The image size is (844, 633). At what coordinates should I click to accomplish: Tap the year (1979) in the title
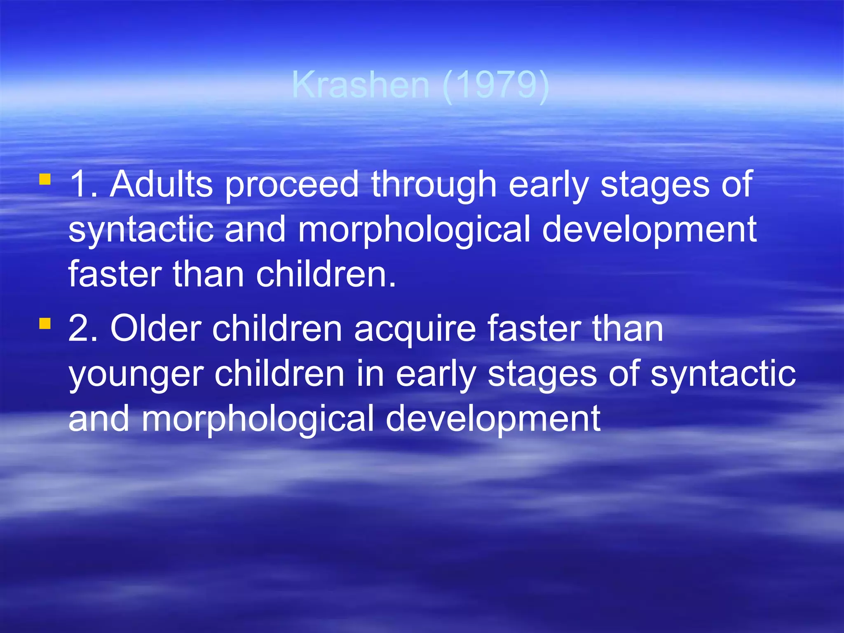[496, 85]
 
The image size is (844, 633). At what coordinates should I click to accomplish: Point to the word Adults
[162, 184]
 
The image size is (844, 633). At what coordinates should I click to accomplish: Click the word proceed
[292, 185]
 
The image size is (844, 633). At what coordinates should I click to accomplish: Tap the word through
[434, 185]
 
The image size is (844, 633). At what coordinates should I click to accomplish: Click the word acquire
[415, 330]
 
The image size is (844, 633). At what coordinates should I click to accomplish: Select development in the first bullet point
[649, 230]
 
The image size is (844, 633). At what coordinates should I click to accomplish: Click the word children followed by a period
[326, 274]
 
